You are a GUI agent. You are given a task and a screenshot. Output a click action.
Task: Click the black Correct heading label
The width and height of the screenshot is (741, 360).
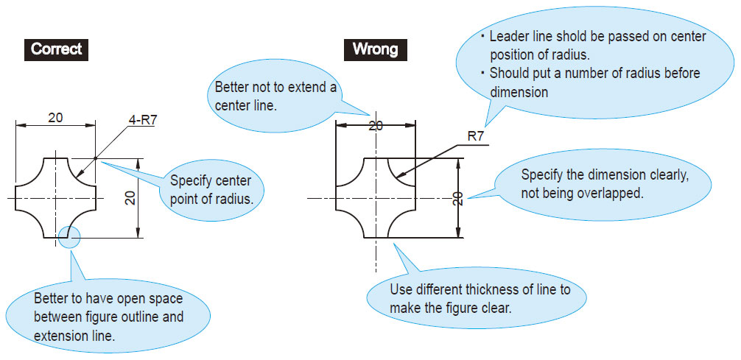pyautogui.click(x=56, y=49)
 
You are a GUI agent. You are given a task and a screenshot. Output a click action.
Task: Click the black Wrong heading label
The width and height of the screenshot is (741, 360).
pyautogui.click(x=375, y=49)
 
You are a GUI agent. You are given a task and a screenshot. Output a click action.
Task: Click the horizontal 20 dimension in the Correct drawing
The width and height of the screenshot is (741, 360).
pyautogui.click(x=56, y=117)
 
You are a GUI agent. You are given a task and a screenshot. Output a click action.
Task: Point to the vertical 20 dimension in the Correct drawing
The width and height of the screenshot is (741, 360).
pyautogui.click(x=130, y=198)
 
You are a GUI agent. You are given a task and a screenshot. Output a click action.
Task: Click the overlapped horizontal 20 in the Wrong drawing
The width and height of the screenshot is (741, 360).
pyautogui.click(x=376, y=126)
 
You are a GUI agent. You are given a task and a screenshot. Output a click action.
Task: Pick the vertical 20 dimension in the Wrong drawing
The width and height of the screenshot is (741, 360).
pyautogui.click(x=458, y=197)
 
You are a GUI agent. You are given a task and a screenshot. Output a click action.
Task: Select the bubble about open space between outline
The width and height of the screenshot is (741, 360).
pyautogui.click(x=108, y=317)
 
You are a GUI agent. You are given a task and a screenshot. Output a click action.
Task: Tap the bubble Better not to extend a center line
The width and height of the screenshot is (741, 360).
pyautogui.click(x=274, y=96)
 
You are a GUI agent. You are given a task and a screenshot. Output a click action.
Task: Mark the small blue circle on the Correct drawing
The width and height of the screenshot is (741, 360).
pyautogui.click(x=71, y=238)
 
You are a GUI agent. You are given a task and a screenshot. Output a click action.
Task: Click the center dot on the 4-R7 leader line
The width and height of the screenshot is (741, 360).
pyautogui.click(x=96, y=158)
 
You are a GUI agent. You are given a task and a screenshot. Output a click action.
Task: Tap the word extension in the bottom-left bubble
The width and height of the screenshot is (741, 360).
pyautogui.click(x=60, y=335)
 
